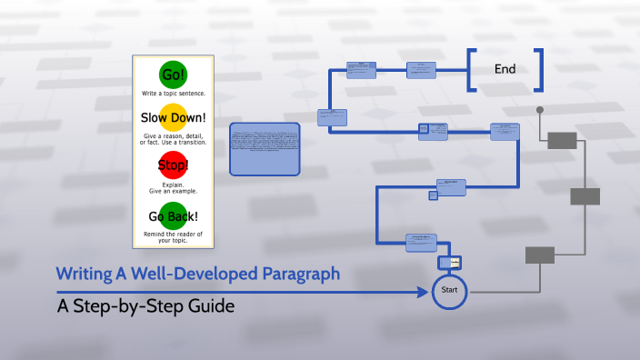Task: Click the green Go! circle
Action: pyautogui.click(x=173, y=75)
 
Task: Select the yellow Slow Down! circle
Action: pyautogui.click(x=173, y=117)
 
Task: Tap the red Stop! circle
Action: pyautogui.click(x=173, y=165)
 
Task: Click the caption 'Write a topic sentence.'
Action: pyautogui.click(x=173, y=94)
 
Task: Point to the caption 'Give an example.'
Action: pyautogui.click(x=173, y=192)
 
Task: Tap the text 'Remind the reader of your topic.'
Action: pyautogui.click(x=173, y=237)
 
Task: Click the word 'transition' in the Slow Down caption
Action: pyautogui.click(x=189, y=143)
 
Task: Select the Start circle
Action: pyautogui.click(x=449, y=291)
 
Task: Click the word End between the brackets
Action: pyautogui.click(x=505, y=69)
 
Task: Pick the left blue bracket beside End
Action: pyautogui.click(x=471, y=70)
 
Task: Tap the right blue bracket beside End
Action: pyautogui.click(x=539, y=70)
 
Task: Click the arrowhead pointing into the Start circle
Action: pyautogui.click(x=423, y=292)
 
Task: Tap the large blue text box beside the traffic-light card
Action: pyautogui.click(x=265, y=148)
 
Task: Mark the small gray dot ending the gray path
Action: pyautogui.click(x=540, y=110)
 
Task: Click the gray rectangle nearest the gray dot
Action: pyautogui.click(x=562, y=139)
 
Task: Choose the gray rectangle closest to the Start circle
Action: pyautogui.click(x=540, y=255)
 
